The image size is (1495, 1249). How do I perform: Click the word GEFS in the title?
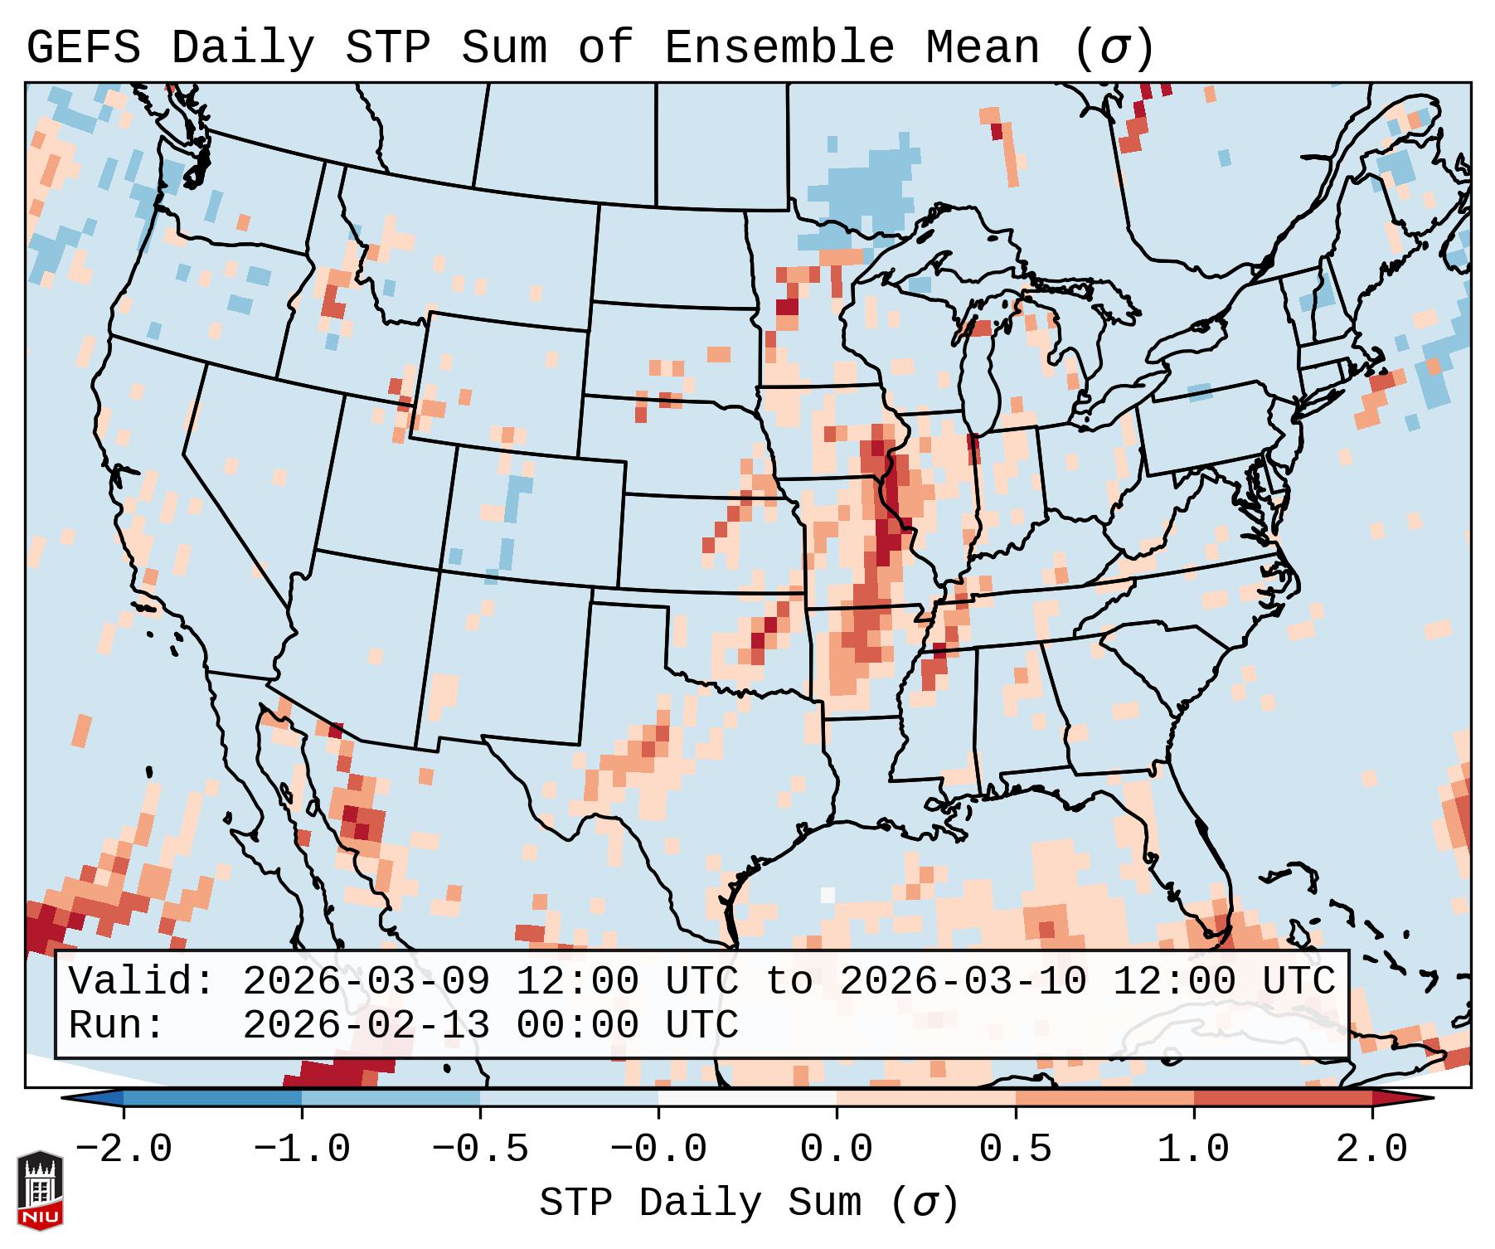[x=84, y=48]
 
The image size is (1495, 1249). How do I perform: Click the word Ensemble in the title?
[x=779, y=48]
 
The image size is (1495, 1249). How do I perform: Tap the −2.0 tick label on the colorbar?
[x=124, y=1149]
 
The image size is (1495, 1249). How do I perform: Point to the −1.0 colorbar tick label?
[x=302, y=1149]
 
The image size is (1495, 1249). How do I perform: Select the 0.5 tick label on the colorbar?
[x=1016, y=1149]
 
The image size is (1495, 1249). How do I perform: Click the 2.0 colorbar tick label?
[x=1372, y=1149]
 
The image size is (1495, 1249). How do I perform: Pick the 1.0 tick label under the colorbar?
[x=1194, y=1149]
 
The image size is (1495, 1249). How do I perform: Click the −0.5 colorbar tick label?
[x=480, y=1149]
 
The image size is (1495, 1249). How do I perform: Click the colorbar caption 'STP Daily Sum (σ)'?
[x=749, y=1203]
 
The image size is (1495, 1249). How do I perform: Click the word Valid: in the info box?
[x=142, y=982]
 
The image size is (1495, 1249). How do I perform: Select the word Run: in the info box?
[x=117, y=1026]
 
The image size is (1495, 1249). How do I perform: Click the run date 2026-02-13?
[x=366, y=1026]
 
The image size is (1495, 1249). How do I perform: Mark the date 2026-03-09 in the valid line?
[x=366, y=982]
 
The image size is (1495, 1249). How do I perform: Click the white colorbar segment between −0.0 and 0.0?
[x=747, y=1098]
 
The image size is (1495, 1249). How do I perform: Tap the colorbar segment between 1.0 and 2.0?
[x=1283, y=1098]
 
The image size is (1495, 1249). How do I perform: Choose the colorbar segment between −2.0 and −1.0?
[x=212, y=1098]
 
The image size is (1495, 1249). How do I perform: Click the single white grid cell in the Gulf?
[x=828, y=895]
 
